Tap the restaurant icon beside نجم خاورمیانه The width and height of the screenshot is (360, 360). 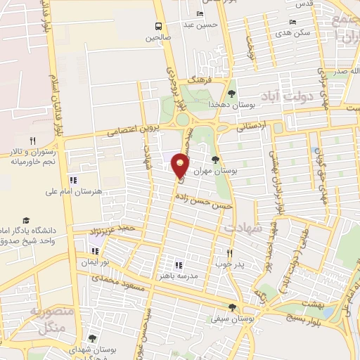[32, 141]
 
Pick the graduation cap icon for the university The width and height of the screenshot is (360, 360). [26, 221]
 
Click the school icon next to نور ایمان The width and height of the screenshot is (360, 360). [96, 251]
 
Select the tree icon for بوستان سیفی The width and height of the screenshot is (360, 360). [232, 307]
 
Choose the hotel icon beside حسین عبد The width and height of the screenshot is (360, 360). [200, 14]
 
